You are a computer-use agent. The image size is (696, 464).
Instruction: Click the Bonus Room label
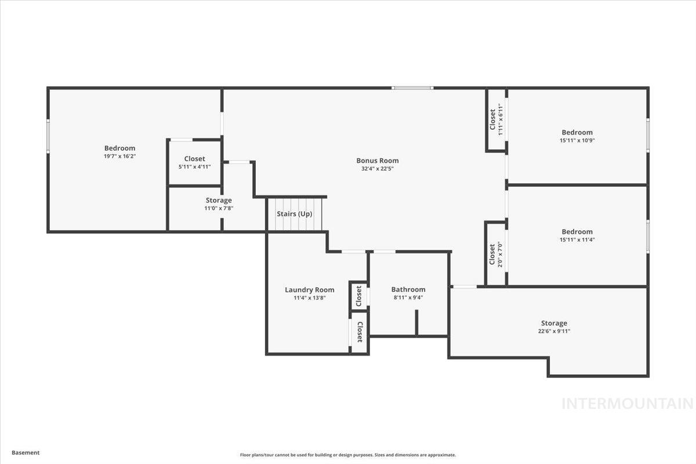(x=377, y=161)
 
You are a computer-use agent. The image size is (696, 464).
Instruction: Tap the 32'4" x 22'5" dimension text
(x=377, y=169)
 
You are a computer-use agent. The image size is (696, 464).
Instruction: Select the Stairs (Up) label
(x=294, y=213)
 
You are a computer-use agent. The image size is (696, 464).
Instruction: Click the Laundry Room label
(x=309, y=289)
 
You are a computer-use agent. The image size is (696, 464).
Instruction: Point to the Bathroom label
(x=408, y=289)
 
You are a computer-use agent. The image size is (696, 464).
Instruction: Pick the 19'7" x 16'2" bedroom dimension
(x=119, y=156)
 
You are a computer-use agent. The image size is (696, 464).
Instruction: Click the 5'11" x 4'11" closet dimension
(x=194, y=166)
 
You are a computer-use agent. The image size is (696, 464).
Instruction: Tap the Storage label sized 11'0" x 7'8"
(x=218, y=200)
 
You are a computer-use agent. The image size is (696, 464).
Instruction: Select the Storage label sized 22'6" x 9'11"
(x=554, y=323)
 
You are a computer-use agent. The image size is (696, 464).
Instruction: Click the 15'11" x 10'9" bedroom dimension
(x=577, y=140)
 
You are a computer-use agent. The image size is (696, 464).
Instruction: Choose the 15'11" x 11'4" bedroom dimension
(x=577, y=240)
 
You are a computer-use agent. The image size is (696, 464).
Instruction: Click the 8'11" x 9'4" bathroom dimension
(x=408, y=298)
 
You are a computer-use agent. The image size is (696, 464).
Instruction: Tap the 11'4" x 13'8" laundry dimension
(x=309, y=298)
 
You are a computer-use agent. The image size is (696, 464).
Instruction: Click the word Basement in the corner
(x=26, y=453)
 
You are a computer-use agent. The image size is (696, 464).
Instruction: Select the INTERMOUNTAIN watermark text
(x=627, y=403)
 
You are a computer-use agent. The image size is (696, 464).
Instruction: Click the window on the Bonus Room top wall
(x=412, y=88)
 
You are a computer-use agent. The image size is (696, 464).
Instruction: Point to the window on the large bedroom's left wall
(x=48, y=136)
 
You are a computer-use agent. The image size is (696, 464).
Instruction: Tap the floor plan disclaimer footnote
(x=347, y=455)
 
